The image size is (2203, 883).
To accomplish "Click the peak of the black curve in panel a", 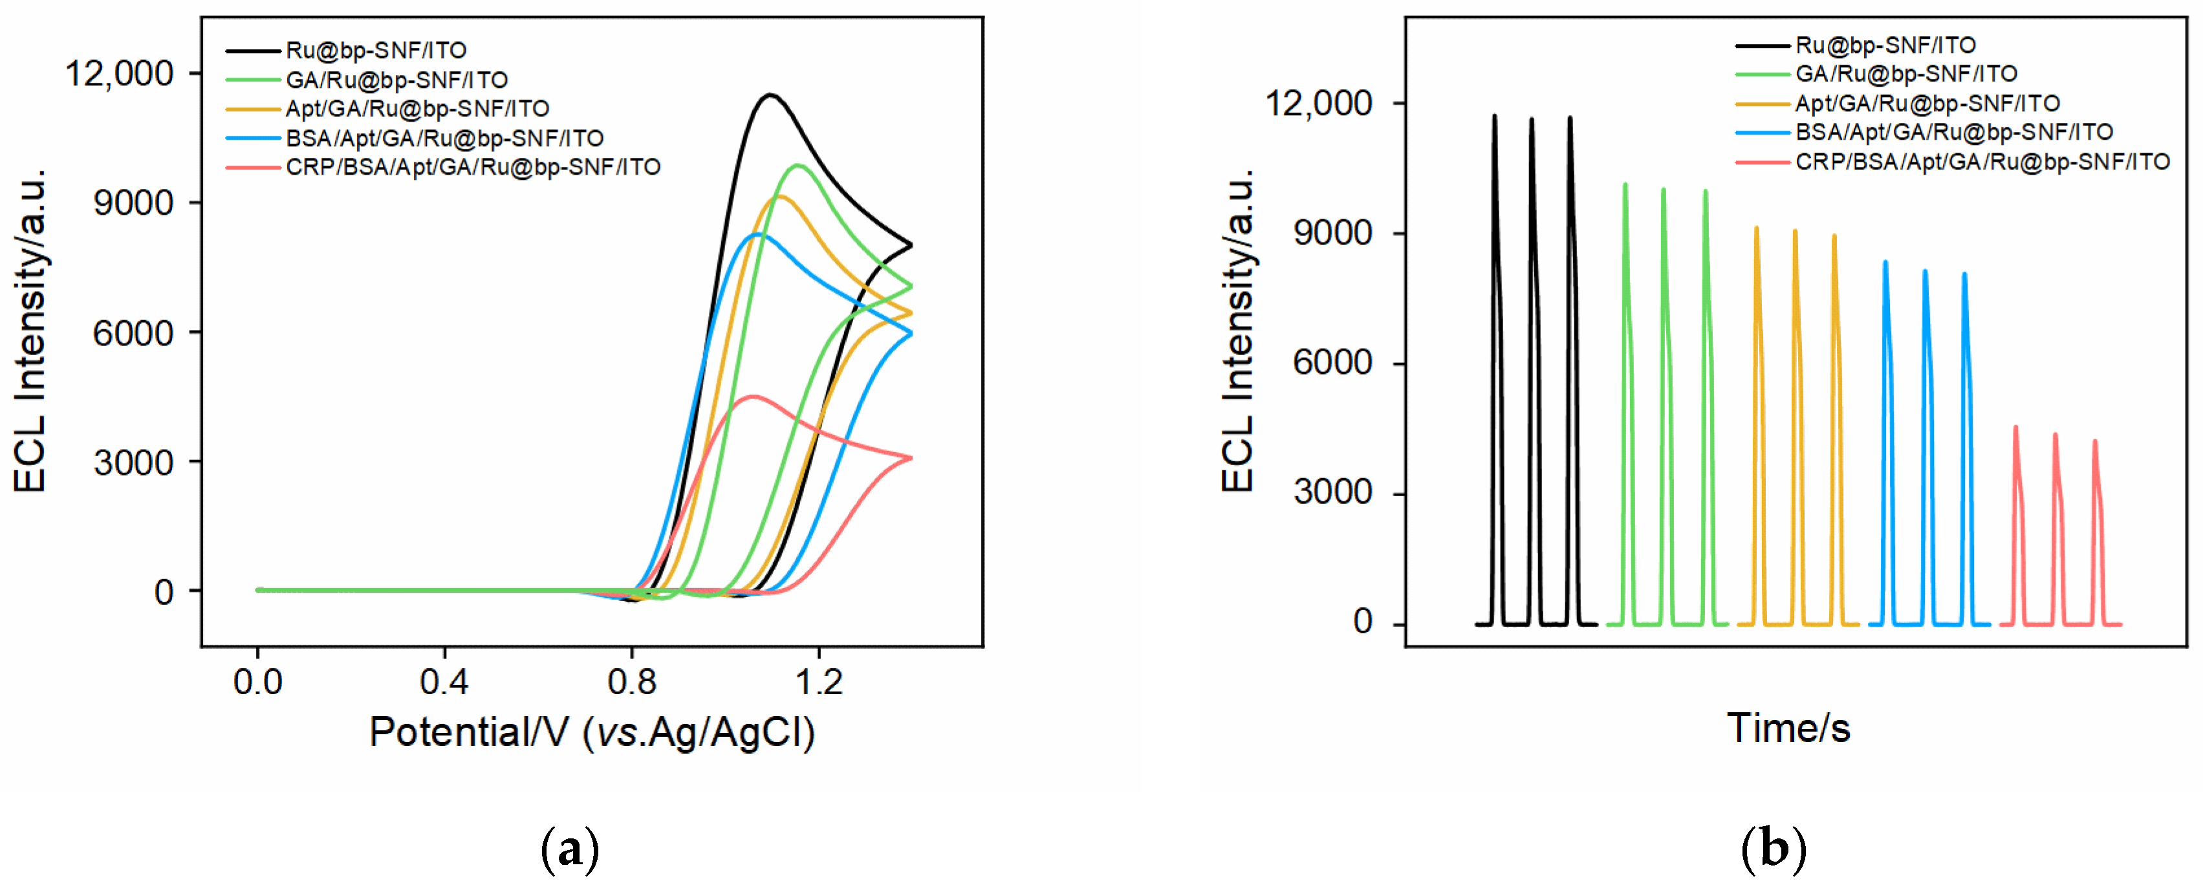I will tap(770, 95).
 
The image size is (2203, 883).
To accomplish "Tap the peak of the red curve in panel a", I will tap(752, 396).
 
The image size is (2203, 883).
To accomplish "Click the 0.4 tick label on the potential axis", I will tap(444, 682).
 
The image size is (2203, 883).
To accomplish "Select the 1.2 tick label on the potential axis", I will tap(818, 682).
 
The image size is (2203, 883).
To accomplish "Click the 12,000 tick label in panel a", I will tap(120, 74).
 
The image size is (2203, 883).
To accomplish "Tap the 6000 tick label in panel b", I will tap(1332, 363).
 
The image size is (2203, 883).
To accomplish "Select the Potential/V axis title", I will tap(592, 732).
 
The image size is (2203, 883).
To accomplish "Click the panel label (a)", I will tap(570, 849).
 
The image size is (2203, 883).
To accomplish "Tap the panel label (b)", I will tap(1774, 849).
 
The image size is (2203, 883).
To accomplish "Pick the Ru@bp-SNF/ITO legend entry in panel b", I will tap(1885, 45).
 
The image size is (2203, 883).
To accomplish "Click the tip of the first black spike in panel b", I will tap(1495, 116).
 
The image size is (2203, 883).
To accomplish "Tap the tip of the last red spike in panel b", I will tap(2094, 441).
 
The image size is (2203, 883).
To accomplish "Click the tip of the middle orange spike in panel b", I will tap(1795, 230).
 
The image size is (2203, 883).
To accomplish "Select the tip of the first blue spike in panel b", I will tap(1885, 262).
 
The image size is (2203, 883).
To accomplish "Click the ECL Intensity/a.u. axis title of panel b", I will tap(1237, 329).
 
